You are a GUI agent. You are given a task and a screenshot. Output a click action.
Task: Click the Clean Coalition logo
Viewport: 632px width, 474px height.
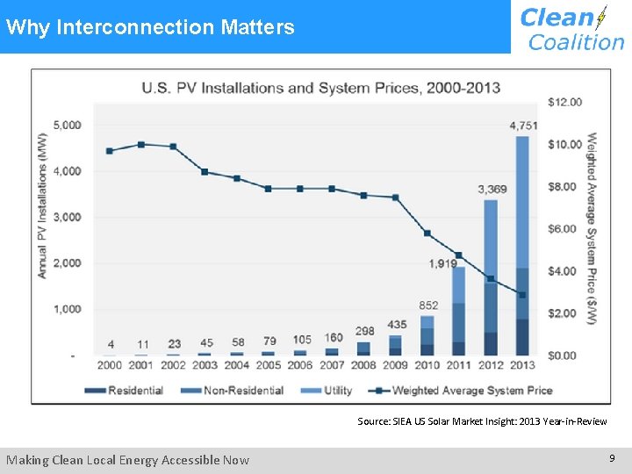pos(571,28)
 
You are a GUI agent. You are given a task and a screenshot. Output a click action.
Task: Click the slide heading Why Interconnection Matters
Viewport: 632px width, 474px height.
pos(150,27)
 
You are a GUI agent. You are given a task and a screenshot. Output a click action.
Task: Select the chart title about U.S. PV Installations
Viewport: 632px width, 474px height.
pos(321,88)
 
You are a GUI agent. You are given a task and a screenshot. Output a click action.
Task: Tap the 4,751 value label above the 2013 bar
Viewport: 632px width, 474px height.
pos(524,126)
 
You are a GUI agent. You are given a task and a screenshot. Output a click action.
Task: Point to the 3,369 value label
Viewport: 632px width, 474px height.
pos(492,189)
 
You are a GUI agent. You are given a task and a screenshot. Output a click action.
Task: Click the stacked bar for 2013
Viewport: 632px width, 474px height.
pos(523,246)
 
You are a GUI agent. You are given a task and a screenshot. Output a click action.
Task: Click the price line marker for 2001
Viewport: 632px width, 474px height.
pos(141,144)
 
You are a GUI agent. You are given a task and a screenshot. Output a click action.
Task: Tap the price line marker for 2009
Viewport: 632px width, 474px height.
pos(395,197)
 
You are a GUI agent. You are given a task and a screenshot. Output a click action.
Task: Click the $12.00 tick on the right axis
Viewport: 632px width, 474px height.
pos(564,102)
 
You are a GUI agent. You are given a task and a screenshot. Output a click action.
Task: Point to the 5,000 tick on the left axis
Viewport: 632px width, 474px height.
pos(67,125)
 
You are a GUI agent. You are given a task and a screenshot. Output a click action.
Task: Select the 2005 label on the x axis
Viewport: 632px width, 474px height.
pos(269,365)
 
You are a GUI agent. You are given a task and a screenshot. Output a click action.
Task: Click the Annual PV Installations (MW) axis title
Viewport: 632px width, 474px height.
pos(41,205)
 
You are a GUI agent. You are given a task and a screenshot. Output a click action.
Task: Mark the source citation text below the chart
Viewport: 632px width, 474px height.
pos(482,421)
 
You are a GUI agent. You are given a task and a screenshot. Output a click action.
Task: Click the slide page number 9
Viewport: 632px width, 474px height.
pos(612,458)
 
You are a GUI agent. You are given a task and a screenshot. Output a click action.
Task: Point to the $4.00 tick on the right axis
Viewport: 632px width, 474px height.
pos(564,271)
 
